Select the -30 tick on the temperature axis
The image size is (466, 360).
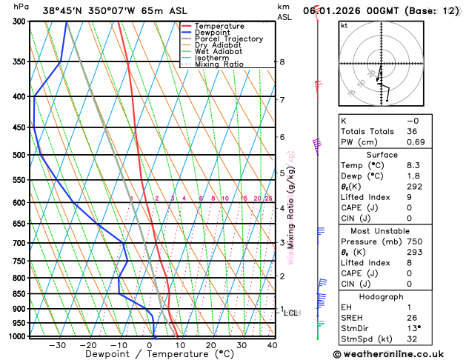(x=57, y=345)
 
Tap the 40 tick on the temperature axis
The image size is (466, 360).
(x=272, y=345)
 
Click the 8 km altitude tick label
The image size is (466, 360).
(x=282, y=62)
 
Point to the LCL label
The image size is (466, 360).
(x=291, y=313)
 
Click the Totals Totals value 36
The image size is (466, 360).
(x=413, y=131)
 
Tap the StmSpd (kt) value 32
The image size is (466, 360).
(x=413, y=339)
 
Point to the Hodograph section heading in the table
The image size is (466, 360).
(x=382, y=296)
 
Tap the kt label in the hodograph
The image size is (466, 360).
(x=344, y=25)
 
